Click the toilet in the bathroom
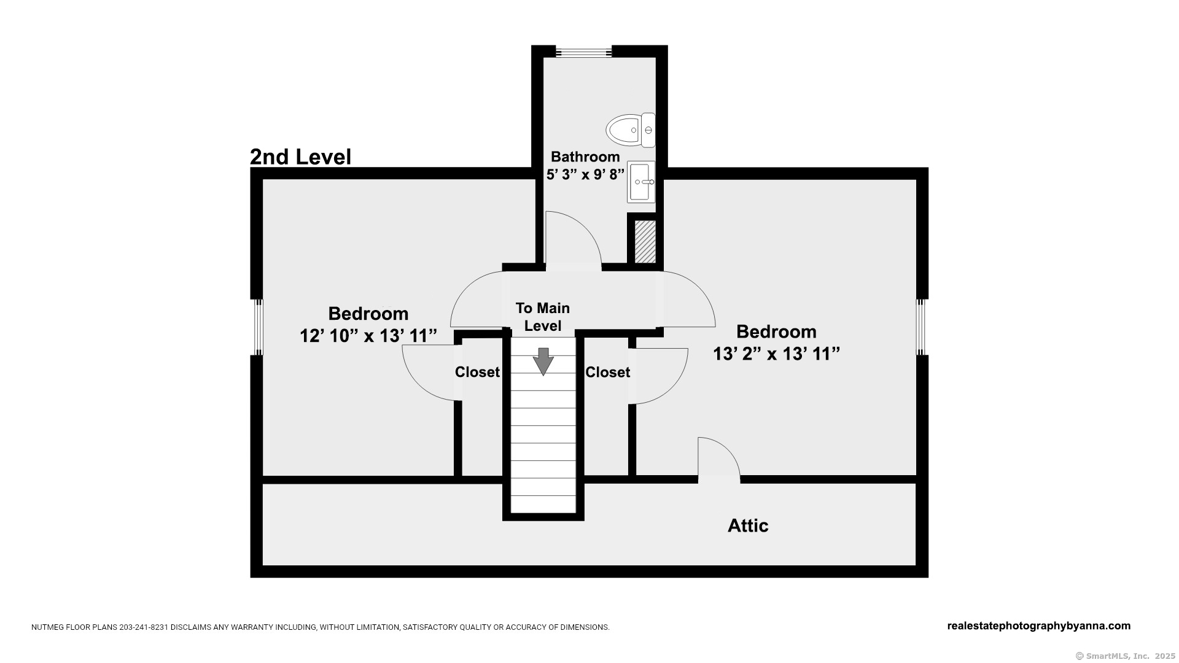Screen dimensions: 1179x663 pyautogui.click(x=631, y=130)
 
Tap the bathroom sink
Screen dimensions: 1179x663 pyautogui.click(x=641, y=182)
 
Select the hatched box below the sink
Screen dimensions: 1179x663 pyautogui.click(x=645, y=242)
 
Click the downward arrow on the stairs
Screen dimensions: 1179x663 pyautogui.click(x=543, y=361)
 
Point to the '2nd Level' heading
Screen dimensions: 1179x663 pyautogui.click(x=300, y=157)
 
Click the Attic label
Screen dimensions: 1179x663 pyautogui.click(x=748, y=525)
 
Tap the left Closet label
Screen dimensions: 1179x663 pyautogui.click(x=477, y=372)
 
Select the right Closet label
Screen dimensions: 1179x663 pyautogui.click(x=607, y=372)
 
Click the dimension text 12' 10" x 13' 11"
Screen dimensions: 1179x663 pyautogui.click(x=368, y=336)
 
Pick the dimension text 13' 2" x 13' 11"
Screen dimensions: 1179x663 pyautogui.click(x=776, y=354)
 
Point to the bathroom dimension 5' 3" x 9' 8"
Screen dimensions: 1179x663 pyautogui.click(x=585, y=174)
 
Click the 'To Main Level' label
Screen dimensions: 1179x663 pyautogui.click(x=543, y=317)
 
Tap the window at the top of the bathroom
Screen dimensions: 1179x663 pyautogui.click(x=584, y=52)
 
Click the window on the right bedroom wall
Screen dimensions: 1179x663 pyautogui.click(x=922, y=327)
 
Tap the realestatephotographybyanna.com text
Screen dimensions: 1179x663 pyautogui.click(x=1039, y=626)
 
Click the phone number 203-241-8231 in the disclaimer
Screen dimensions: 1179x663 pyautogui.click(x=144, y=627)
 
